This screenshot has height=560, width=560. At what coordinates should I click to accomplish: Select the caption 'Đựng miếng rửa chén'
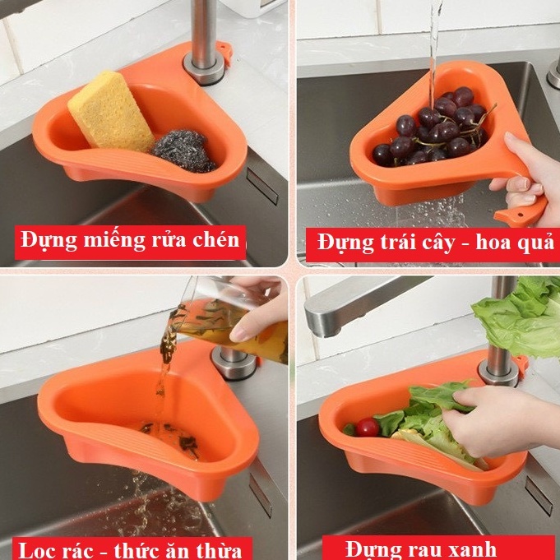131,241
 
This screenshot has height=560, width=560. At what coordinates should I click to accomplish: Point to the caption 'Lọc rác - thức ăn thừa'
130,548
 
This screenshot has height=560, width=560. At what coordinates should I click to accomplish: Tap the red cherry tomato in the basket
368,427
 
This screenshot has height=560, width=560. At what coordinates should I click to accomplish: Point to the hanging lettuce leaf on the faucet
518,317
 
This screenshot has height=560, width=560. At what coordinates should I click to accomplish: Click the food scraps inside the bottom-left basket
169,436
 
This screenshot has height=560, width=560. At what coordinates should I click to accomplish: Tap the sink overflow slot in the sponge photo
262,187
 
